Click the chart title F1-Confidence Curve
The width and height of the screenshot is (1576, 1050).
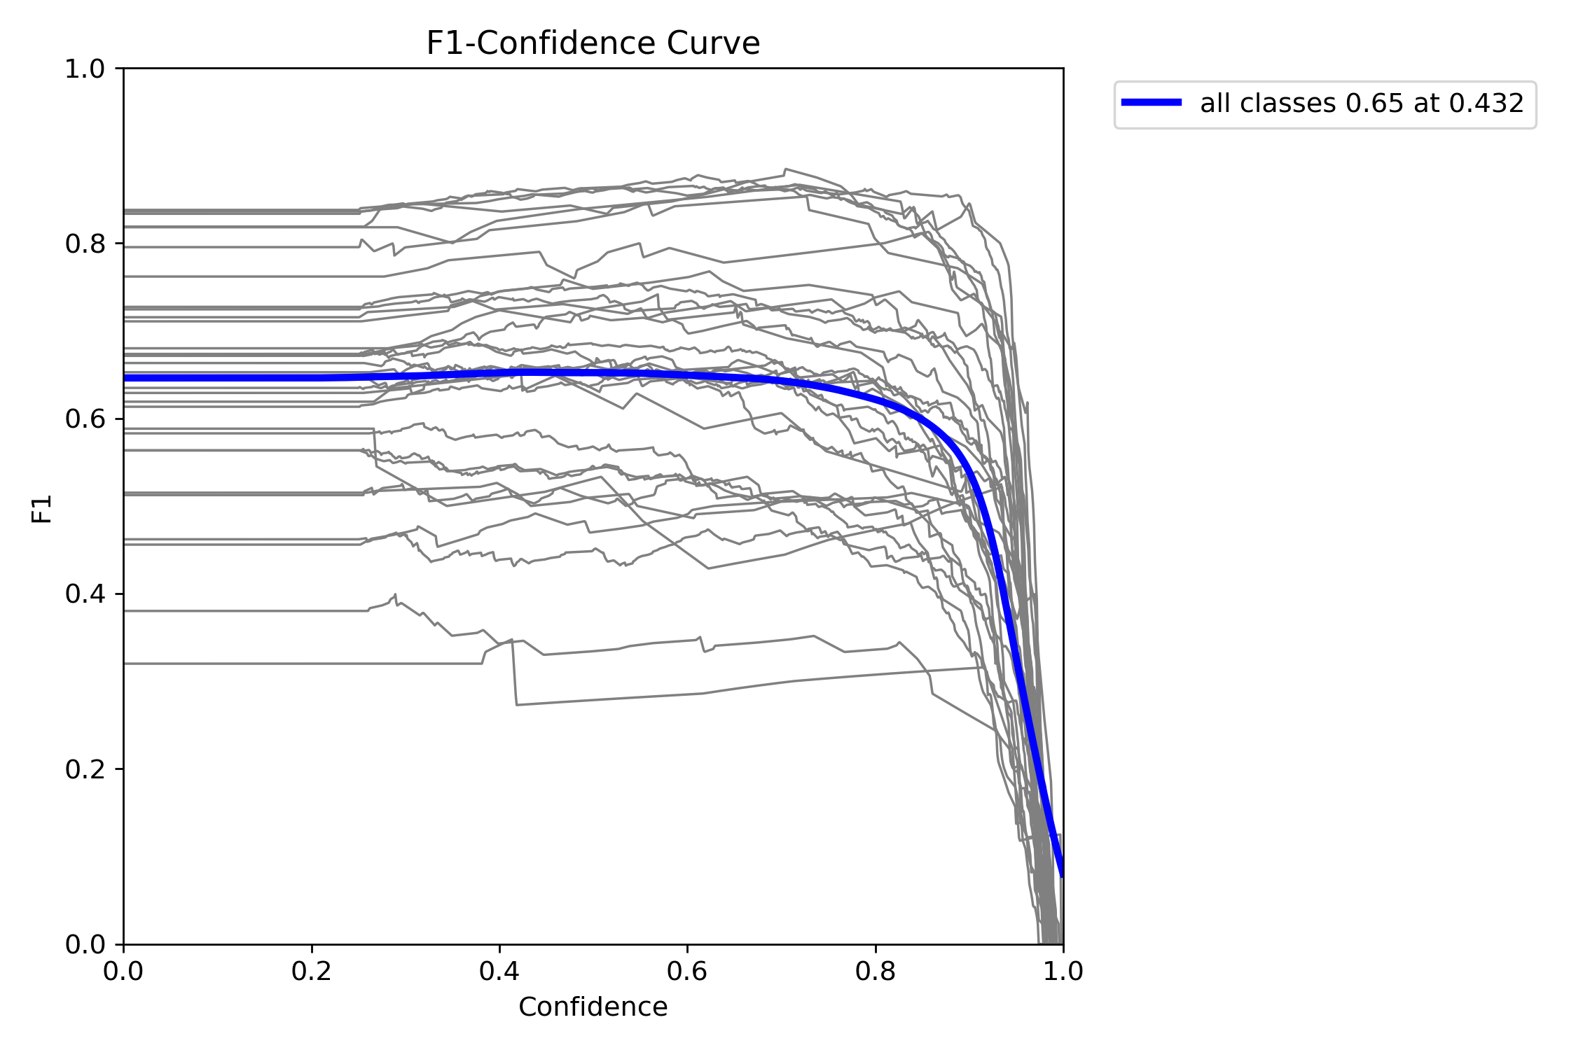593,43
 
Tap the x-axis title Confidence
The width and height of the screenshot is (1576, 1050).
593,1007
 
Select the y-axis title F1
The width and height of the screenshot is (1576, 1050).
42,509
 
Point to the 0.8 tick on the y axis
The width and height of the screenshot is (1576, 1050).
84,244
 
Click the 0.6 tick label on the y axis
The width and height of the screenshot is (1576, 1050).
84,419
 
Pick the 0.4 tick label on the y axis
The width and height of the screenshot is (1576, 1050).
84,594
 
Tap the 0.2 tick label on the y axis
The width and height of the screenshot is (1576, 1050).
84,769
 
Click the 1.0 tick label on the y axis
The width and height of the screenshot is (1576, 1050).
84,69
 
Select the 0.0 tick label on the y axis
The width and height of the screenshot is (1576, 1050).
84,944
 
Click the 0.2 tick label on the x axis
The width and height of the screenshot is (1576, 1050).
312,972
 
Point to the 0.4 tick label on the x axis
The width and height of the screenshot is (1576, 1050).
499,972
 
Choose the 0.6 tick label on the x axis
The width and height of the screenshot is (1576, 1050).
687,972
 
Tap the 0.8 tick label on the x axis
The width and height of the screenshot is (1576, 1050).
876,972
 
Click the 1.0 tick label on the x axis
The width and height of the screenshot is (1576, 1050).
1063,972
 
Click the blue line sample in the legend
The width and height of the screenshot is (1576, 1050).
1151,103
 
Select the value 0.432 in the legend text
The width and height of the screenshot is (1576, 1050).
1486,104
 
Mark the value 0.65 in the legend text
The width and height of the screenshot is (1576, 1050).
1374,104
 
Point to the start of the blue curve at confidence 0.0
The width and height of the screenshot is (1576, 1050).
125,378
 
